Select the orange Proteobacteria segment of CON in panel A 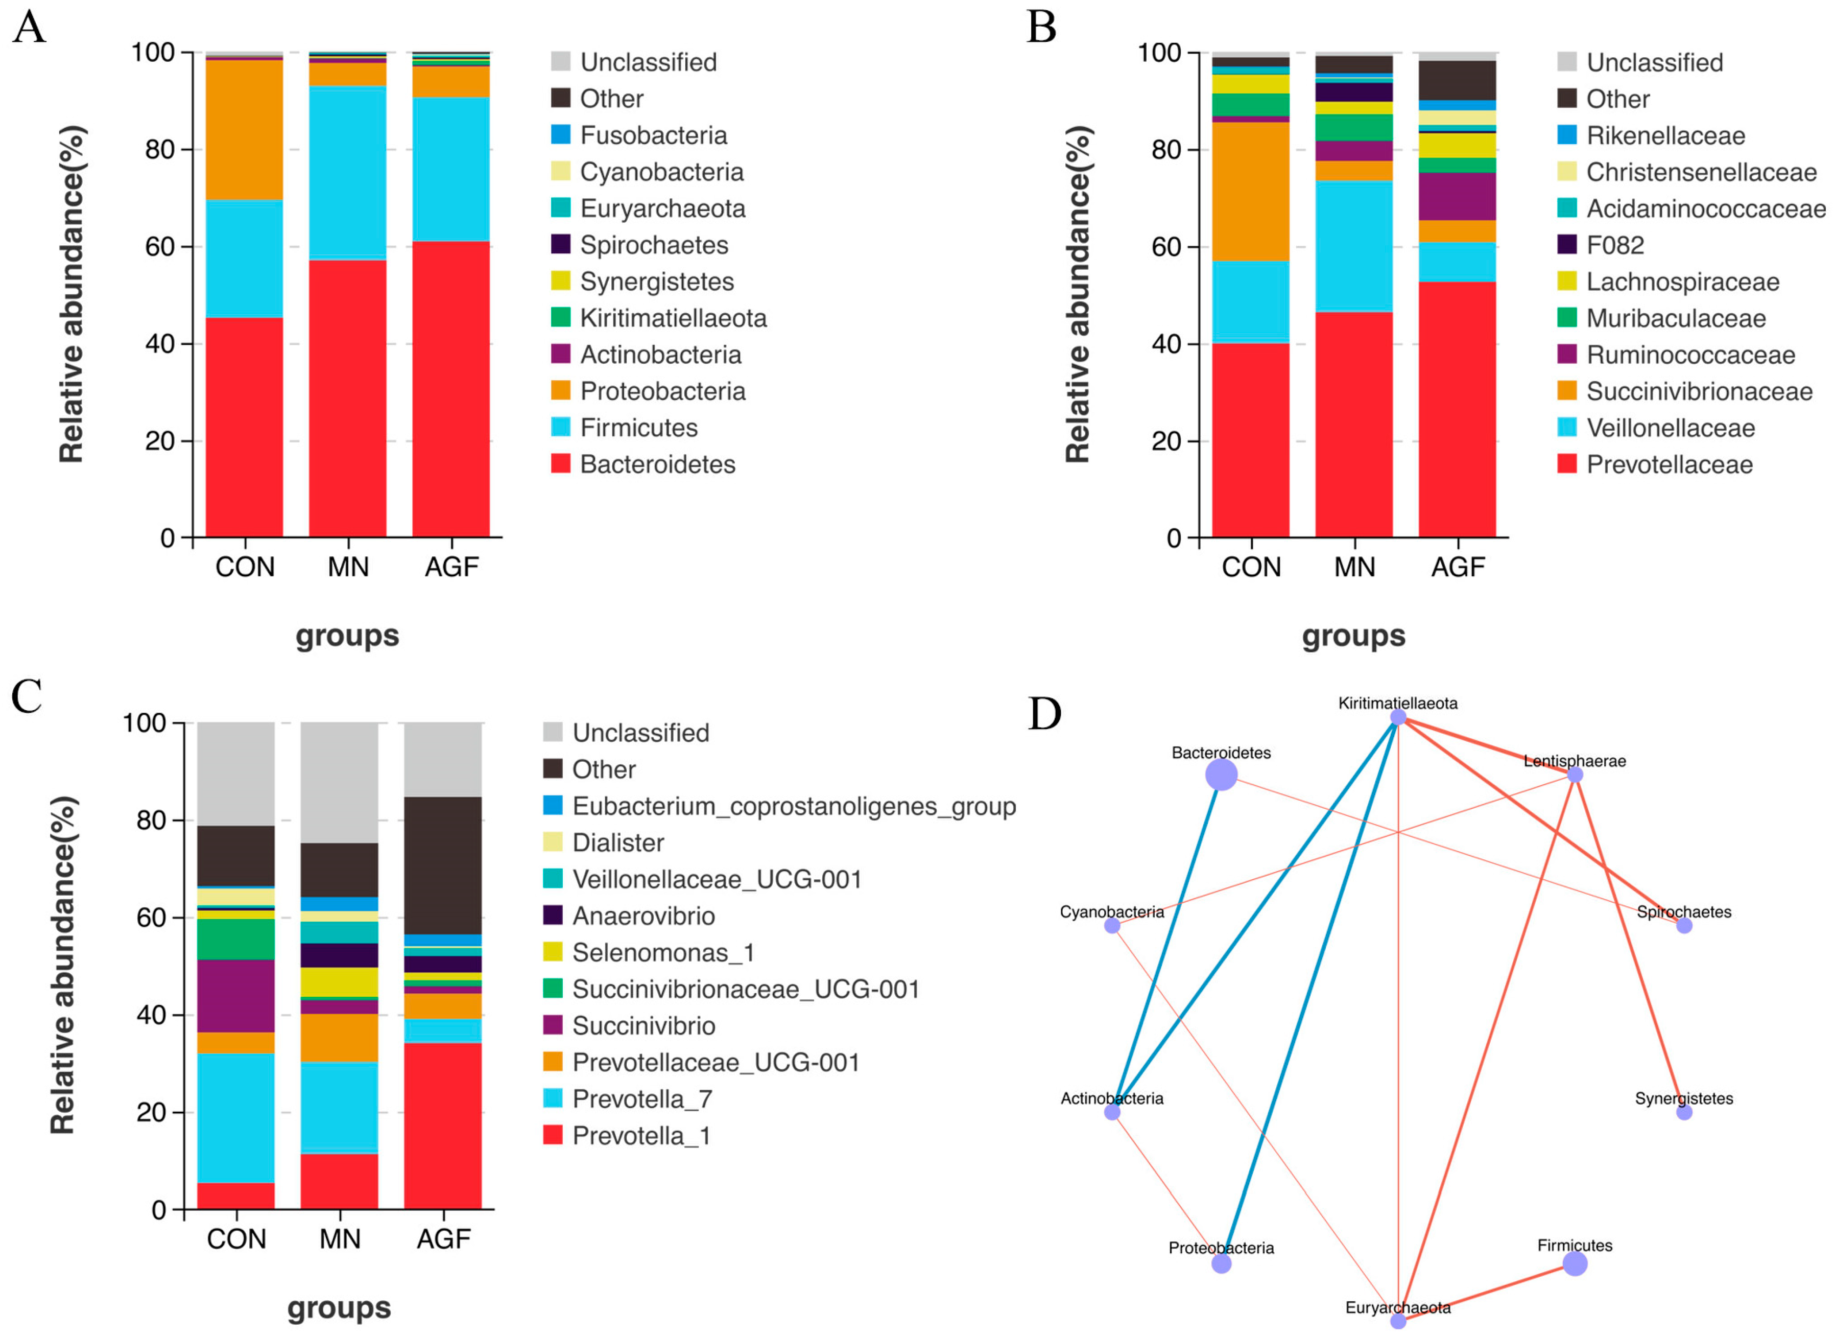click(x=244, y=129)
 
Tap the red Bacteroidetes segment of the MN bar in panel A click(x=347, y=396)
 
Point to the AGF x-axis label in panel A click(x=451, y=567)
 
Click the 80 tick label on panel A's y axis click(x=159, y=150)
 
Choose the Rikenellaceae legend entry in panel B click(x=1665, y=136)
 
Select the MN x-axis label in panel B click(x=1354, y=567)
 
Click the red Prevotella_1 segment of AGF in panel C click(x=443, y=1126)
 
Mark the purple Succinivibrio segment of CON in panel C click(x=235, y=995)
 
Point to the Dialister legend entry click(x=618, y=843)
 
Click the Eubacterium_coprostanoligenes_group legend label click(x=794, y=806)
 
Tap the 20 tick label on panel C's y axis click(x=151, y=1113)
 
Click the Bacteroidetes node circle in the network click(x=1221, y=775)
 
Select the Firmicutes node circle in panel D click(x=1575, y=1263)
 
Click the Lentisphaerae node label click(x=1575, y=761)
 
